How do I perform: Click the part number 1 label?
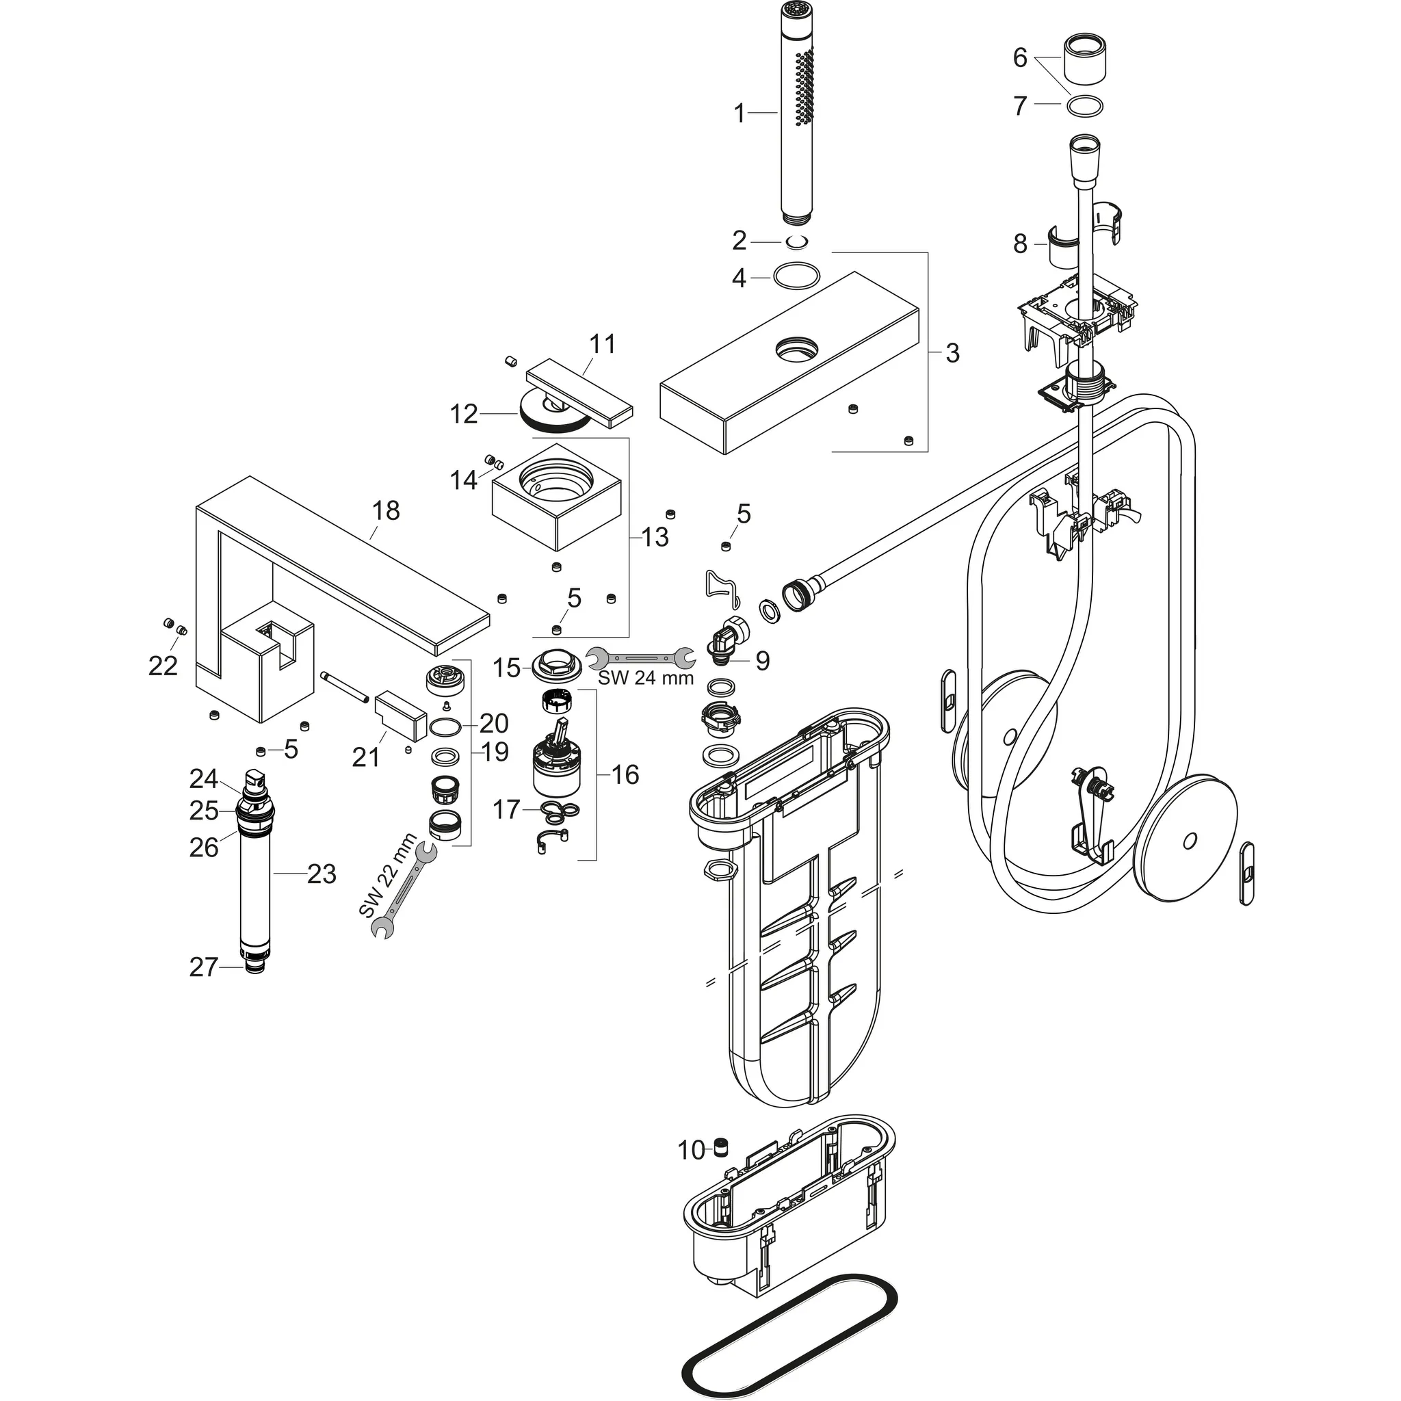[x=739, y=113]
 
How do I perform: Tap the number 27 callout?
[x=203, y=967]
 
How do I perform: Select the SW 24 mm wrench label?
[x=645, y=678]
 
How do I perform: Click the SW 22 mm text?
[x=388, y=875]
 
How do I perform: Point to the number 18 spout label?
[x=386, y=510]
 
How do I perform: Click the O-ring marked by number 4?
[x=797, y=276]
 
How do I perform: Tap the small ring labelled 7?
[x=1085, y=105]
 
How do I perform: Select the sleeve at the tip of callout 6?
[x=1085, y=61]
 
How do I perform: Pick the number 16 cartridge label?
[x=625, y=774]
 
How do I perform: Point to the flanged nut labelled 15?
[x=556, y=665]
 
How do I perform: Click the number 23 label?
[x=322, y=874]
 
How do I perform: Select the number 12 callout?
[x=464, y=414]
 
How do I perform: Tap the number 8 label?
[x=1020, y=244]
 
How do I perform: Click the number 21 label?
[x=366, y=757]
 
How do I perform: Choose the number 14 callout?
[x=464, y=480]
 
